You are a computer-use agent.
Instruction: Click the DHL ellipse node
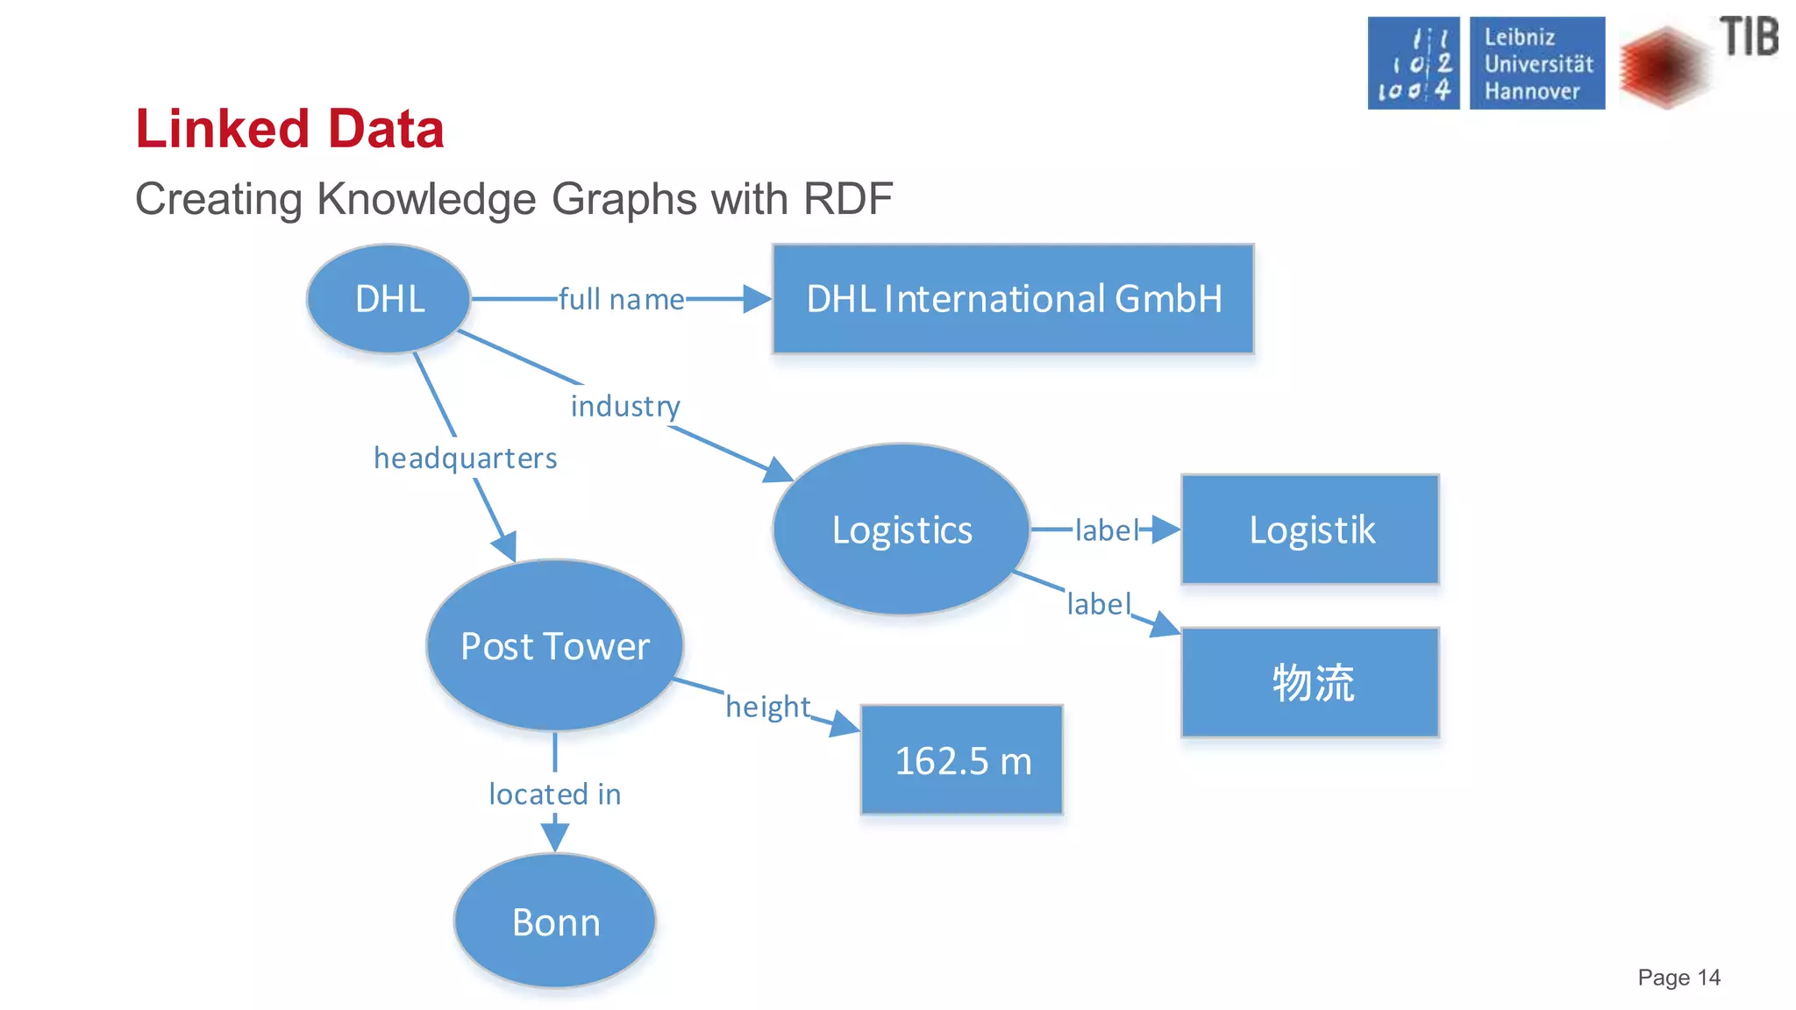(x=389, y=299)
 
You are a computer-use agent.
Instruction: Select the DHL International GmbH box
(x=1013, y=299)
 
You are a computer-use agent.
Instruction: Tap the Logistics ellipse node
(x=902, y=530)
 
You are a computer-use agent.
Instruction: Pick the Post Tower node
(x=555, y=646)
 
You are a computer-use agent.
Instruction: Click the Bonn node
(x=555, y=922)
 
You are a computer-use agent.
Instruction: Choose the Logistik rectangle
(x=1310, y=530)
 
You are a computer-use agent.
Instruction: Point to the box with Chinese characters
(x=1310, y=682)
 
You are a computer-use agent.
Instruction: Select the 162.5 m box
(x=962, y=760)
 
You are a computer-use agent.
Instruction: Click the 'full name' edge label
(x=621, y=300)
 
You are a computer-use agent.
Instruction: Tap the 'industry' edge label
(x=625, y=406)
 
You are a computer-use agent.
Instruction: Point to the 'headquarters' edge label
(x=465, y=459)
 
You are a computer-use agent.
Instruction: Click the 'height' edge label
(x=767, y=707)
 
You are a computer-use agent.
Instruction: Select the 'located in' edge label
(x=555, y=794)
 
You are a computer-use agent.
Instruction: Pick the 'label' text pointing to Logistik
(x=1106, y=530)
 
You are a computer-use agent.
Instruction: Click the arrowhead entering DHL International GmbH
(x=757, y=299)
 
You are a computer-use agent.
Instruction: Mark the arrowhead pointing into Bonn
(x=555, y=837)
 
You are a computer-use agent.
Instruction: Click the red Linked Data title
(x=289, y=129)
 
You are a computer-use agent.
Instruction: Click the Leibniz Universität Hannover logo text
(x=1537, y=63)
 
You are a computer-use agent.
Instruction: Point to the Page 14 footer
(x=1678, y=978)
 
